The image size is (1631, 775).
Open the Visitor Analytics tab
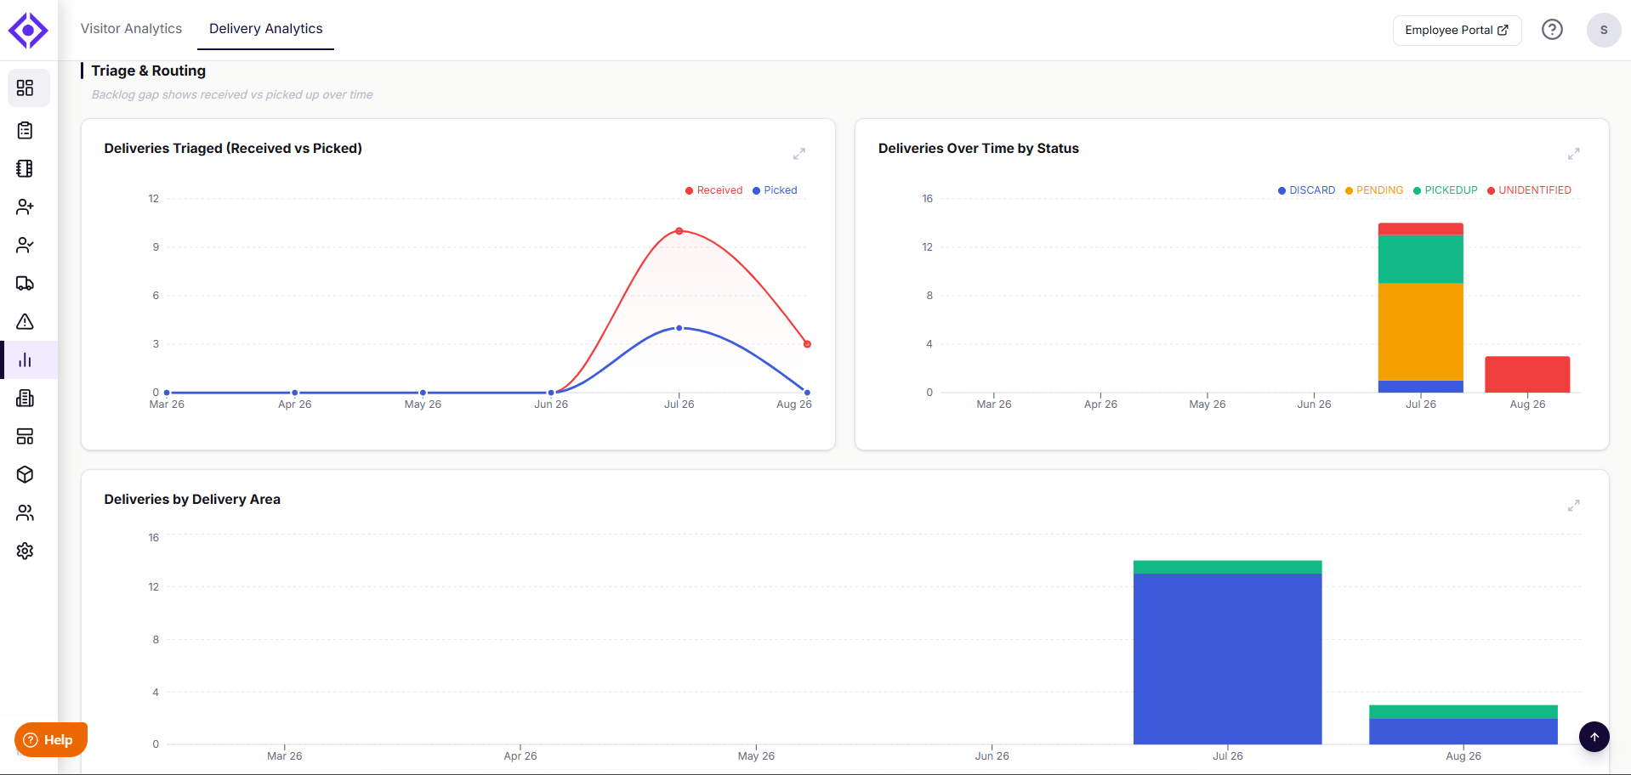pyautogui.click(x=131, y=29)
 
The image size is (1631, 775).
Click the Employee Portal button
pyautogui.click(x=1457, y=30)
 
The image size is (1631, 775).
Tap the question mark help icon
pyautogui.click(x=1552, y=30)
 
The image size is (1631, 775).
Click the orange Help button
pyautogui.click(x=50, y=739)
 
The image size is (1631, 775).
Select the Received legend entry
pyautogui.click(x=714, y=190)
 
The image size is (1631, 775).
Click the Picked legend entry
pyautogui.click(x=775, y=190)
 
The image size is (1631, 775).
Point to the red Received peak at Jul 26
pyautogui.click(x=679, y=231)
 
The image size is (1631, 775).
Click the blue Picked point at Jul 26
pyautogui.click(x=679, y=328)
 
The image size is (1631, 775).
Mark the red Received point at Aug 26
pyautogui.click(x=807, y=344)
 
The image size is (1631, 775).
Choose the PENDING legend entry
pyautogui.click(x=1374, y=190)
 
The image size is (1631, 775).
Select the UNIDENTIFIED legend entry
pyautogui.click(x=1529, y=190)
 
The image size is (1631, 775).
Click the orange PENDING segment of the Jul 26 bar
pyautogui.click(x=1420, y=331)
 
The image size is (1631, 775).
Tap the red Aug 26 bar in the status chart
pyautogui.click(x=1527, y=374)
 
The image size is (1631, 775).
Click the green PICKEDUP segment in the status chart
pyautogui.click(x=1420, y=259)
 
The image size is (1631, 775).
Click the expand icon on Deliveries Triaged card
pyautogui.click(x=799, y=154)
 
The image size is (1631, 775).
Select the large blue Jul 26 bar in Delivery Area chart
pyautogui.click(x=1227, y=659)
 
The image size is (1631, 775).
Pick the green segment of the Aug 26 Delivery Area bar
pyautogui.click(x=1463, y=712)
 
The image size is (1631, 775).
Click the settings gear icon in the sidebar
pyautogui.click(x=26, y=551)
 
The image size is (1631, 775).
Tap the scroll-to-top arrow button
pyautogui.click(x=1594, y=737)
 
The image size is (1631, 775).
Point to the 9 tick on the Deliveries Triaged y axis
pyautogui.click(x=156, y=247)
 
